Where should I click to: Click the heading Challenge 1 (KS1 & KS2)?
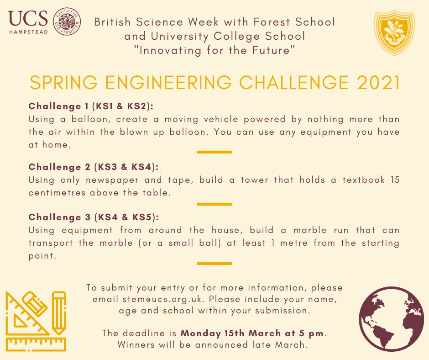pos(91,106)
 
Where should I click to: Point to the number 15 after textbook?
pos(395,180)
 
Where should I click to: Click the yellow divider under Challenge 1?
pos(214,152)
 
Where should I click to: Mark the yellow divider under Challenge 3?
pos(214,263)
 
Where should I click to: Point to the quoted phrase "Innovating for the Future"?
pos(214,50)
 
